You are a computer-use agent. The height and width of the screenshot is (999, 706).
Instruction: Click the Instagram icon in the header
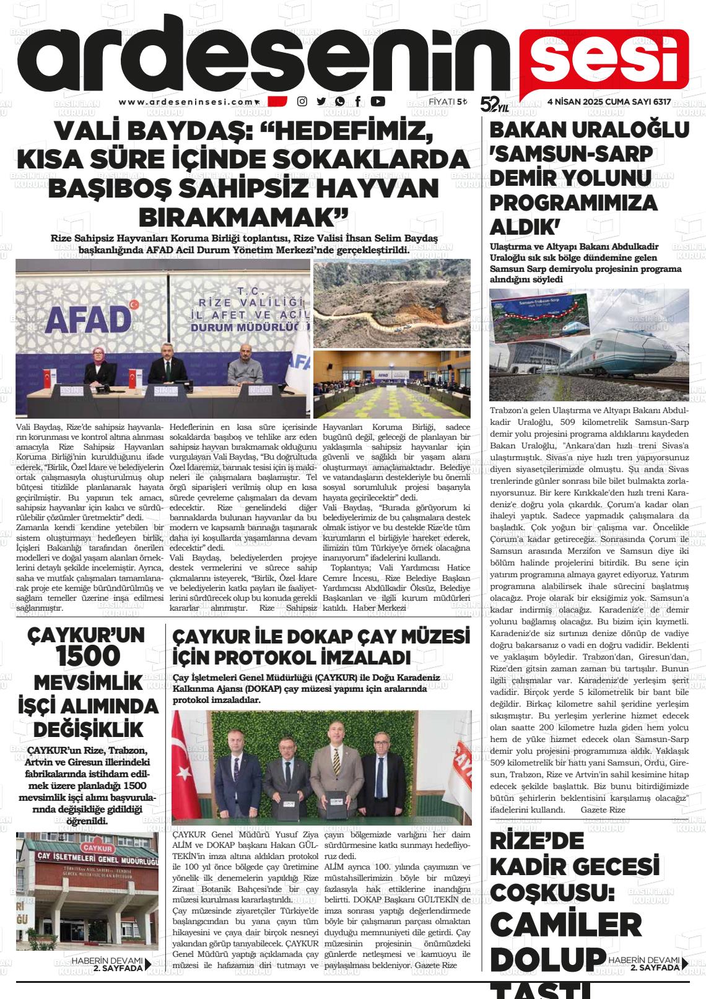[x=302, y=102]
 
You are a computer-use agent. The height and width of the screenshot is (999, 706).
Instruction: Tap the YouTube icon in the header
[x=378, y=102]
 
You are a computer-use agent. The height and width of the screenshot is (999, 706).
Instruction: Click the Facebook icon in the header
[x=359, y=102]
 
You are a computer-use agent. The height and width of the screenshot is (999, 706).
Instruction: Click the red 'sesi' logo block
[x=603, y=59]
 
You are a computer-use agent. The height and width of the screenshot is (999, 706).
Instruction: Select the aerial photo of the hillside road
[x=391, y=303]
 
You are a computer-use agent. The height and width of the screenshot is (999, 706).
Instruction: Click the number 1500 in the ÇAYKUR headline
[x=87, y=656]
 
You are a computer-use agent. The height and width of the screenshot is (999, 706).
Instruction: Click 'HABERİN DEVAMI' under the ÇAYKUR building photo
[x=107, y=961]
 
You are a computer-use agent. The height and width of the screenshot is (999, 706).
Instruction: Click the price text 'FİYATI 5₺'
[x=448, y=102]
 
